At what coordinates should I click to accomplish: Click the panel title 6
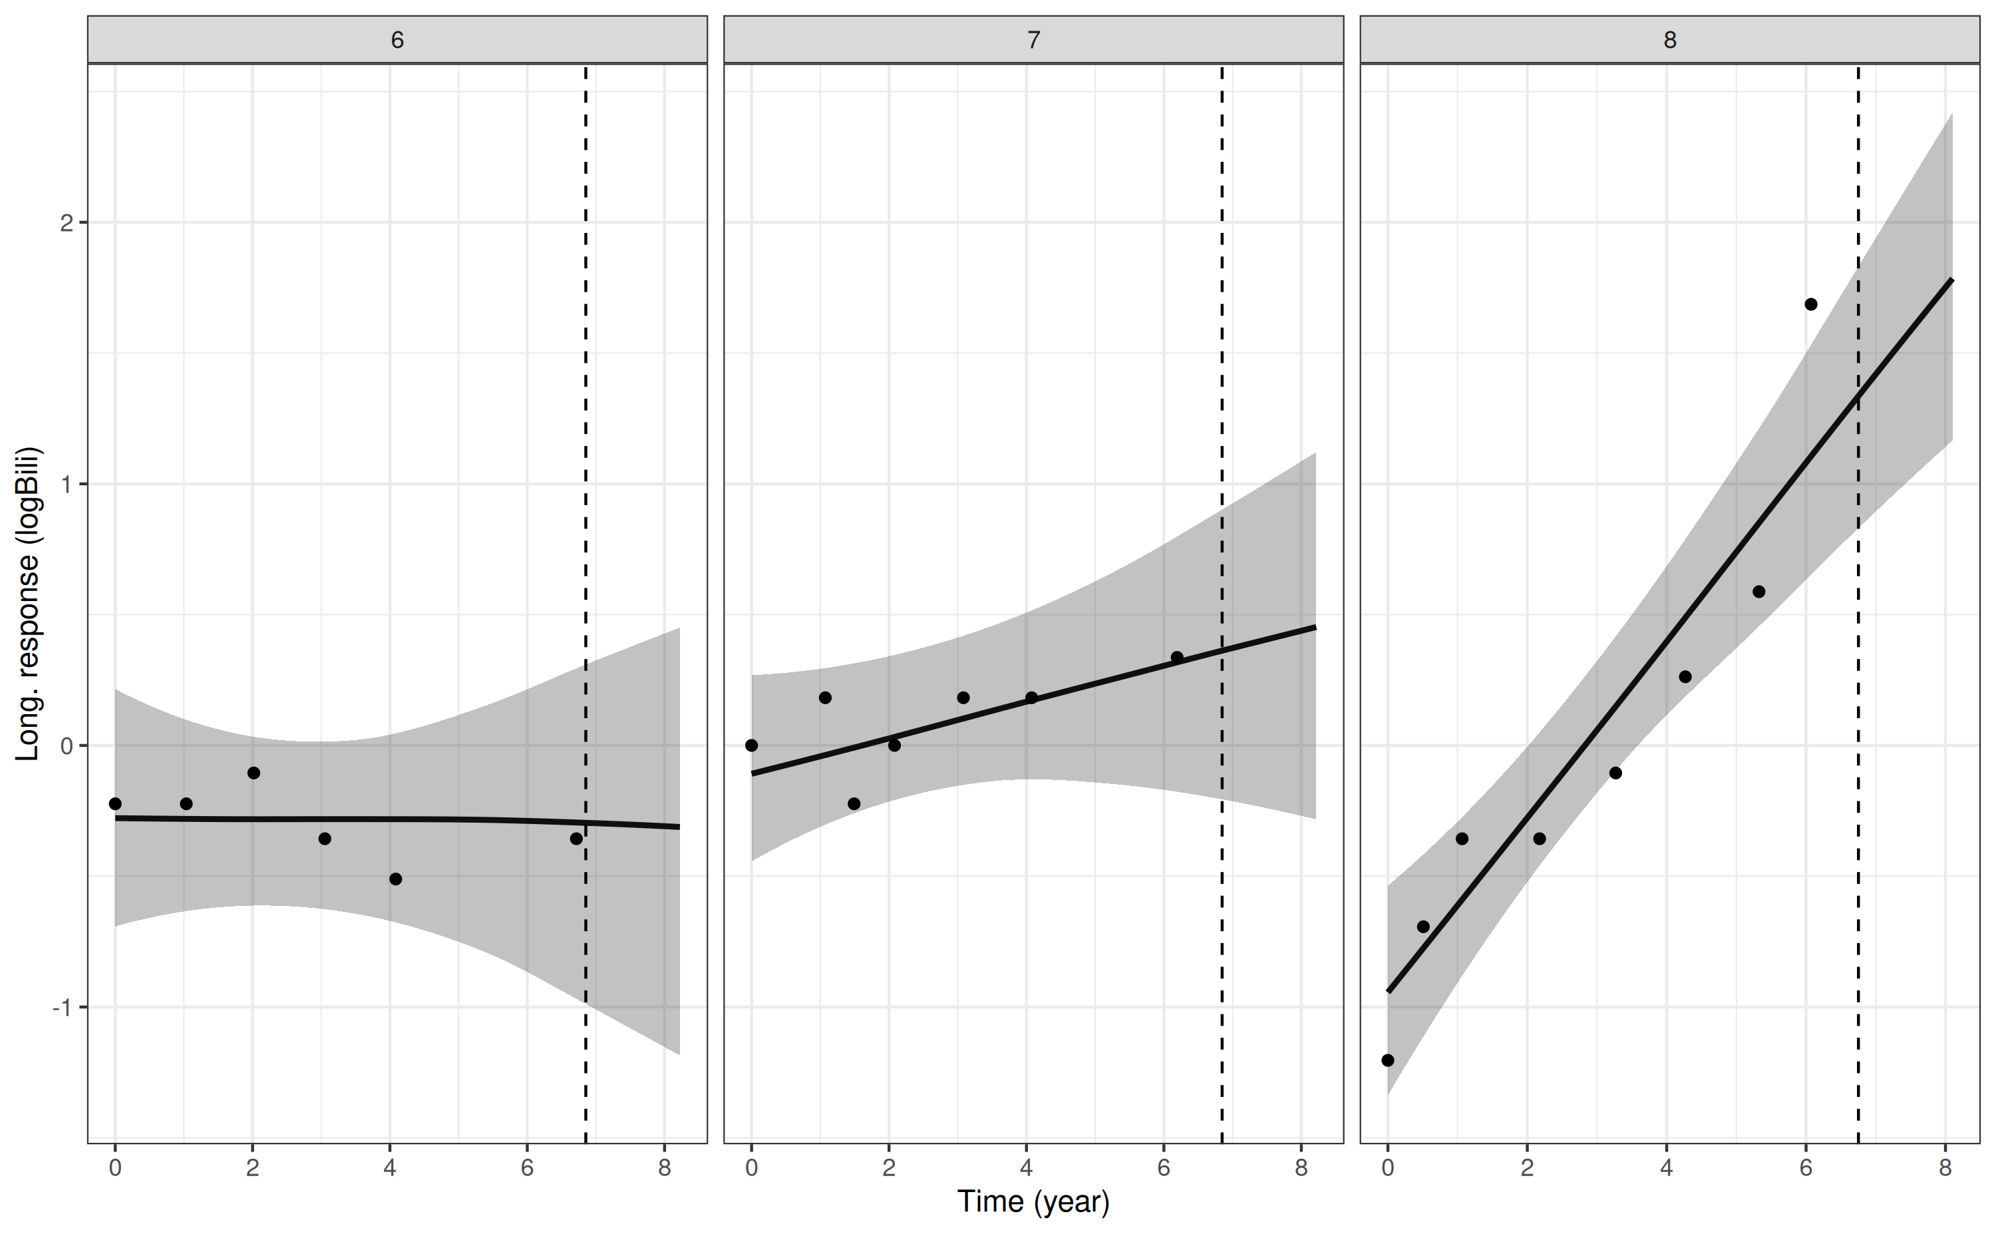pos(397,40)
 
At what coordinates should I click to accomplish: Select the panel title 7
pos(1033,40)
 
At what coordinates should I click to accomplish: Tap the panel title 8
pos(1670,40)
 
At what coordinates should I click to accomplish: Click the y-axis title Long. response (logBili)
pos(28,604)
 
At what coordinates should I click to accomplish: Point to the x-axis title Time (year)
pos(1033,1202)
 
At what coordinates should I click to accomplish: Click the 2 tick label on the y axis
pos(67,223)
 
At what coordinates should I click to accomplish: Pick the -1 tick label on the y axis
pos(63,1008)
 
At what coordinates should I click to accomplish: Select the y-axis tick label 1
pos(67,484)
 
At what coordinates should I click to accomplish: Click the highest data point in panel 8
pos(1811,304)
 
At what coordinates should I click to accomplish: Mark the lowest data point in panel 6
pos(396,879)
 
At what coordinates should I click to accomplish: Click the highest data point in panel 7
pos(1177,657)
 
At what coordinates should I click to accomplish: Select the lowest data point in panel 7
pos(854,804)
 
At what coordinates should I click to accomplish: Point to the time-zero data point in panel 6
pos(115,804)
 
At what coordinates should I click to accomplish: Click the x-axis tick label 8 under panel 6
pos(665,1168)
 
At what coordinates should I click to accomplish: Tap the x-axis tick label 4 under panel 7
pos(1026,1168)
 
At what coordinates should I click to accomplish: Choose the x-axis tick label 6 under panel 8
pos(1806,1168)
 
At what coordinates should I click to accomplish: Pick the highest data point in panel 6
pos(253,773)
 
